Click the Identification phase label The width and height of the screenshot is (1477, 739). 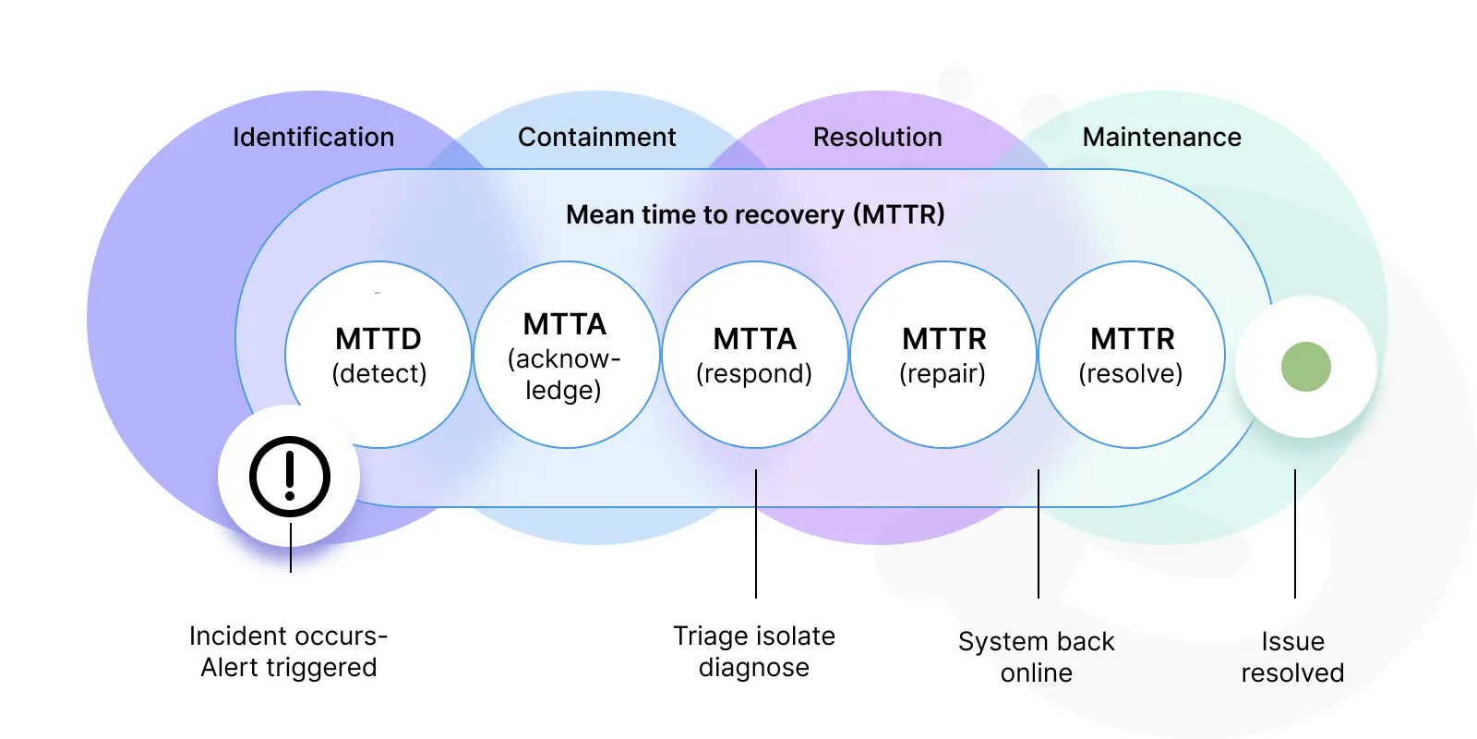pyautogui.click(x=313, y=138)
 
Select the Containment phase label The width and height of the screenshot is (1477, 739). pyautogui.click(x=596, y=138)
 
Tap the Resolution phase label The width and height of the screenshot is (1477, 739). pyautogui.click(x=878, y=138)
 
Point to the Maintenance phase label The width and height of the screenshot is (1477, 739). pyautogui.click(x=1162, y=138)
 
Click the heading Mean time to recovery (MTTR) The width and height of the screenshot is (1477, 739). pyautogui.click(x=756, y=214)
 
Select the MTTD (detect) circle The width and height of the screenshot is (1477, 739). pyautogui.click(x=378, y=355)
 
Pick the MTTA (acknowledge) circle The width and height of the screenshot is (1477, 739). pyautogui.click(x=567, y=355)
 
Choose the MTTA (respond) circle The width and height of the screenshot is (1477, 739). pyautogui.click(x=755, y=355)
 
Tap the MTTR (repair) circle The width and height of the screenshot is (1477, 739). pyautogui.click(x=943, y=355)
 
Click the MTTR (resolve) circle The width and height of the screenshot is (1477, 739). pyautogui.click(x=1132, y=355)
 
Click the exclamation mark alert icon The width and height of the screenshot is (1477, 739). pyautogui.click(x=290, y=477)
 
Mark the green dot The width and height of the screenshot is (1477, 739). pyautogui.click(x=1306, y=367)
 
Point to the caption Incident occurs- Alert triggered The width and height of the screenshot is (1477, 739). pyautogui.click(x=289, y=651)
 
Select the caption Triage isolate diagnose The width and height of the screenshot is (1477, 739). pyautogui.click(x=754, y=651)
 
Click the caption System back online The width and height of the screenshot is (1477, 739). pyautogui.click(x=1037, y=657)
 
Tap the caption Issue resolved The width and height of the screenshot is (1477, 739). pyautogui.click(x=1292, y=657)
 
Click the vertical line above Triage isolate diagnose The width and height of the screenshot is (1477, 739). pyautogui.click(x=756, y=534)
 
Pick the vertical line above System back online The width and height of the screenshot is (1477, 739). pyautogui.click(x=1039, y=534)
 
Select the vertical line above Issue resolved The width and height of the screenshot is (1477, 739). pyautogui.click(x=1295, y=534)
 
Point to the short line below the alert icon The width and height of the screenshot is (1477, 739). pyautogui.click(x=291, y=548)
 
